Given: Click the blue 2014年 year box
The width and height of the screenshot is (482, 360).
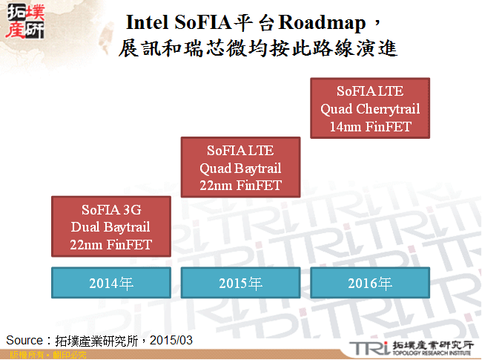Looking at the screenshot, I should pyautogui.click(x=111, y=282).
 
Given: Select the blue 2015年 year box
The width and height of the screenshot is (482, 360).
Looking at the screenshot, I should pyautogui.click(x=240, y=282).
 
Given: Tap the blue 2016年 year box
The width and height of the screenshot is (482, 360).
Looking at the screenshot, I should pyautogui.click(x=370, y=282).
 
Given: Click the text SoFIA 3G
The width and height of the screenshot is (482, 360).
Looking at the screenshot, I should pyautogui.click(x=111, y=210).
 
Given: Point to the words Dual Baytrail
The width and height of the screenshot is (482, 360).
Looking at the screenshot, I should pyautogui.click(x=111, y=226).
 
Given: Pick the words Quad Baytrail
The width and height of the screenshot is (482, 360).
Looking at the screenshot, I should pyautogui.click(x=240, y=168).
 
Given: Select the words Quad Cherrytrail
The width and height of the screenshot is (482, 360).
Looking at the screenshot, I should pyautogui.click(x=370, y=109).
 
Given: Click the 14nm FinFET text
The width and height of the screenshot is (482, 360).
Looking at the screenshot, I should pyautogui.click(x=370, y=126).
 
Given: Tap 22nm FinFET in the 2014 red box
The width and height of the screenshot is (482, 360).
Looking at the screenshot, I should pyautogui.click(x=111, y=243).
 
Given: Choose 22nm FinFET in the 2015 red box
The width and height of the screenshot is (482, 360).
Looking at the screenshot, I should pyautogui.click(x=240, y=185).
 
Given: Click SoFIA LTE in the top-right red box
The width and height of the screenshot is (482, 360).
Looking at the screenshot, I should pyautogui.click(x=370, y=91).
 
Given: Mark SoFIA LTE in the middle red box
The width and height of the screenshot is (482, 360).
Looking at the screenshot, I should pyautogui.click(x=240, y=151).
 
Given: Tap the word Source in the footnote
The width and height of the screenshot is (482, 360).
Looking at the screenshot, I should pyautogui.click(x=24, y=339).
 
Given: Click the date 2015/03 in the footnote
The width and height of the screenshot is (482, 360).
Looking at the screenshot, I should pyautogui.click(x=172, y=339).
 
